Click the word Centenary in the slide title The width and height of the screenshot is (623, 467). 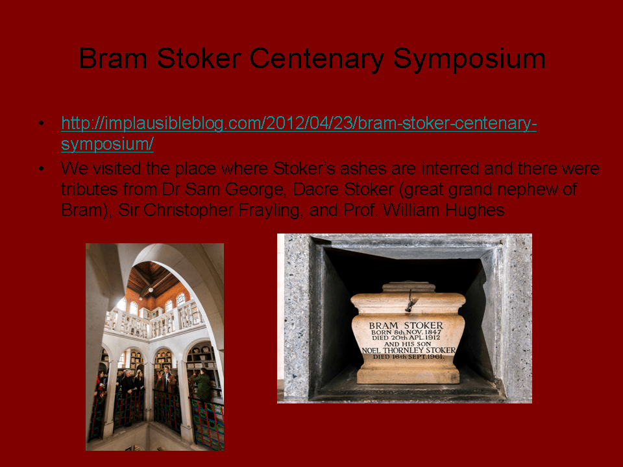pos(316,58)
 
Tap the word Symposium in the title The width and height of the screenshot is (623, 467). pos(469,60)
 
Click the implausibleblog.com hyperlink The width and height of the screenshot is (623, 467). pos(299,134)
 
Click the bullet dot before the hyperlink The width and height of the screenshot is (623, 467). pos(42,123)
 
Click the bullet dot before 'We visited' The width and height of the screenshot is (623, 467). pos(42,169)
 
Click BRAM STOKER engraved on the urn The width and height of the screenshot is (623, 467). pos(406,325)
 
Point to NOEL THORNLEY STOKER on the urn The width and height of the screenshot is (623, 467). pos(408,350)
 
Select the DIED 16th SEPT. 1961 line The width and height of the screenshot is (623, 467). pos(408,357)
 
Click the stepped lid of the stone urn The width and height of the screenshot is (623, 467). pos(408,287)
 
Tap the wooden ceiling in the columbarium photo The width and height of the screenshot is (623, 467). pos(155,280)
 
